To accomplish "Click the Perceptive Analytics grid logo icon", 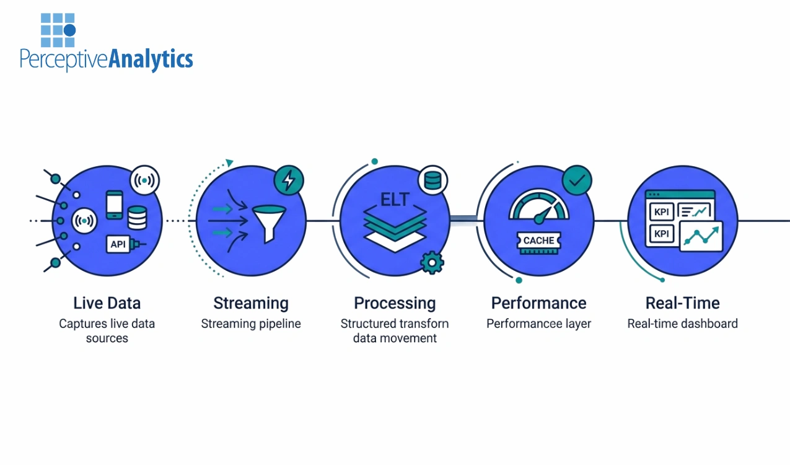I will [58, 30].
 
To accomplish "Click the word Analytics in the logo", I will [151, 60].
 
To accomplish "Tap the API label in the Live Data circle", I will [118, 244].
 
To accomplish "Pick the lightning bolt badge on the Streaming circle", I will [289, 180].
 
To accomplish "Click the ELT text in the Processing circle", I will [395, 200].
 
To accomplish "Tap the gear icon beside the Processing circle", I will [431, 262].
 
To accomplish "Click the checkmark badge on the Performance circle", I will [576, 180].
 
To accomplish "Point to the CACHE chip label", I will [538, 241].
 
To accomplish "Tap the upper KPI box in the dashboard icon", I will [661, 212].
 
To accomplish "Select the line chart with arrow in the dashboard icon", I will [701, 236].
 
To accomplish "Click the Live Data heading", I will [107, 303].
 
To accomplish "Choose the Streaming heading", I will [251, 303].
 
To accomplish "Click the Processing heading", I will [395, 303].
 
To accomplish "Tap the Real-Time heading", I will [682, 303].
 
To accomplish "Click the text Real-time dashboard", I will [682, 324].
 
